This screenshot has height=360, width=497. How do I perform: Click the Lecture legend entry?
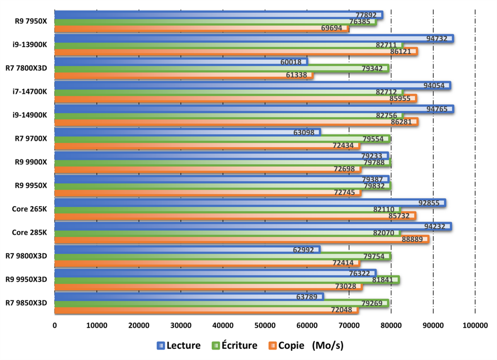[x=179, y=346]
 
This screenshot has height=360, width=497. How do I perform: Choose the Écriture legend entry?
[x=234, y=346]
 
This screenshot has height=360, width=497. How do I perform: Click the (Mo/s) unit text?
[x=328, y=346]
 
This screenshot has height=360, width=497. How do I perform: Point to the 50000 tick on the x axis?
[x=265, y=325]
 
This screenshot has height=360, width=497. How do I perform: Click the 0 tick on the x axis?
[x=55, y=325]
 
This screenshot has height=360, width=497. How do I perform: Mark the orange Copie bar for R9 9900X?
[x=207, y=169]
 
